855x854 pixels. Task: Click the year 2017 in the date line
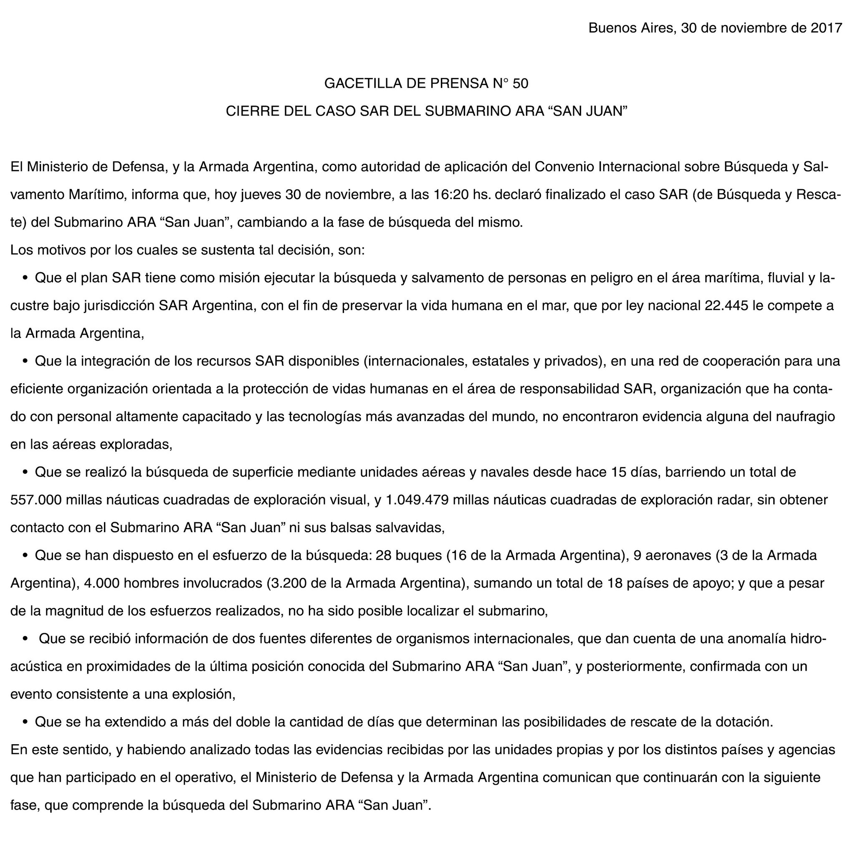pyautogui.click(x=826, y=28)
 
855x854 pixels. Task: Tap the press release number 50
pyautogui.click(x=521, y=83)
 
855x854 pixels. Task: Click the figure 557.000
pyautogui.click(x=35, y=500)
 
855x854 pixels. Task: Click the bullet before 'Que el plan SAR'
pyautogui.click(x=25, y=278)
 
